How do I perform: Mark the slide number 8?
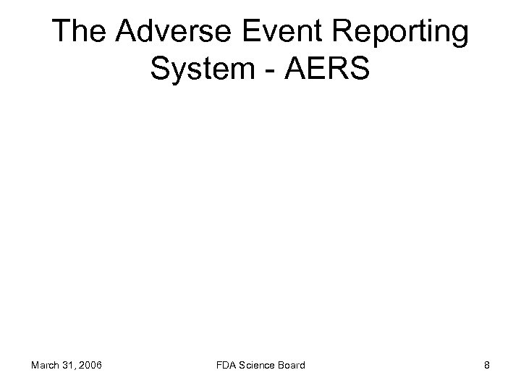coord(487,365)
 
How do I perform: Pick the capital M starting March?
coord(36,365)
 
